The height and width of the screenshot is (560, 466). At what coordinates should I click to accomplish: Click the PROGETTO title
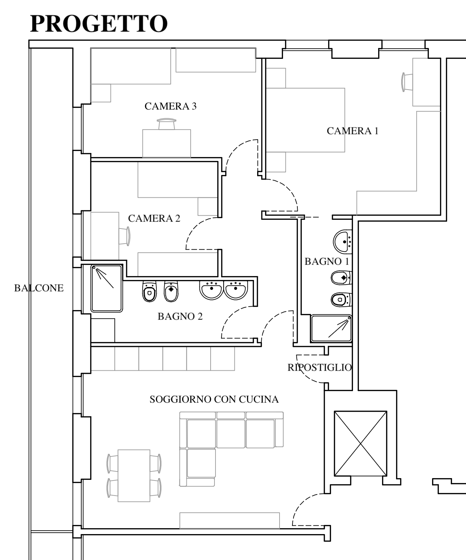(x=99, y=24)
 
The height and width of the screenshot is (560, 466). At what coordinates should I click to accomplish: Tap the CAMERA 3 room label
(x=170, y=106)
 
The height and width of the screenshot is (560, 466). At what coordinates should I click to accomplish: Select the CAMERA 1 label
(x=352, y=131)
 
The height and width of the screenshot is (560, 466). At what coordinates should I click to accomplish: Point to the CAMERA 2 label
(x=154, y=218)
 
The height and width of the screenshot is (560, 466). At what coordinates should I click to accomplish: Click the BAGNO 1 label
(x=327, y=261)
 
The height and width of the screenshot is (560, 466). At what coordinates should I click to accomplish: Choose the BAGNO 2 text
(x=180, y=316)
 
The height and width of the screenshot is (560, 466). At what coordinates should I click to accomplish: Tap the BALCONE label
(x=39, y=288)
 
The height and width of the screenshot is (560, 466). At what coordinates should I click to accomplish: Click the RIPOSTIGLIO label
(x=319, y=367)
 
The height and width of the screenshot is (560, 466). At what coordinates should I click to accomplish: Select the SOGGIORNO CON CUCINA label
(x=214, y=399)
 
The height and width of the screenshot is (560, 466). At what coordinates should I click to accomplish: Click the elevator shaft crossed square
(x=361, y=443)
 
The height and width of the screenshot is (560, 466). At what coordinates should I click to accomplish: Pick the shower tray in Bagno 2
(x=107, y=288)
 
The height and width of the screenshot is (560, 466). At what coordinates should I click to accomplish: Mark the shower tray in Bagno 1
(x=331, y=329)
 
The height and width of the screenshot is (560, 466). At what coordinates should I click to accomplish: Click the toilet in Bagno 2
(x=149, y=291)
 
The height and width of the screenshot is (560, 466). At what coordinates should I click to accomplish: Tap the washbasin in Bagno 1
(x=343, y=241)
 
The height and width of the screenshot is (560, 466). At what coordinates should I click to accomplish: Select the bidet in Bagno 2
(x=171, y=291)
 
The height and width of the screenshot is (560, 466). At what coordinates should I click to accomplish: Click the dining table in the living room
(x=134, y=476)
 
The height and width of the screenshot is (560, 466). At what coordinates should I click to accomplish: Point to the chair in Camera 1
(x=407, y=83)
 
